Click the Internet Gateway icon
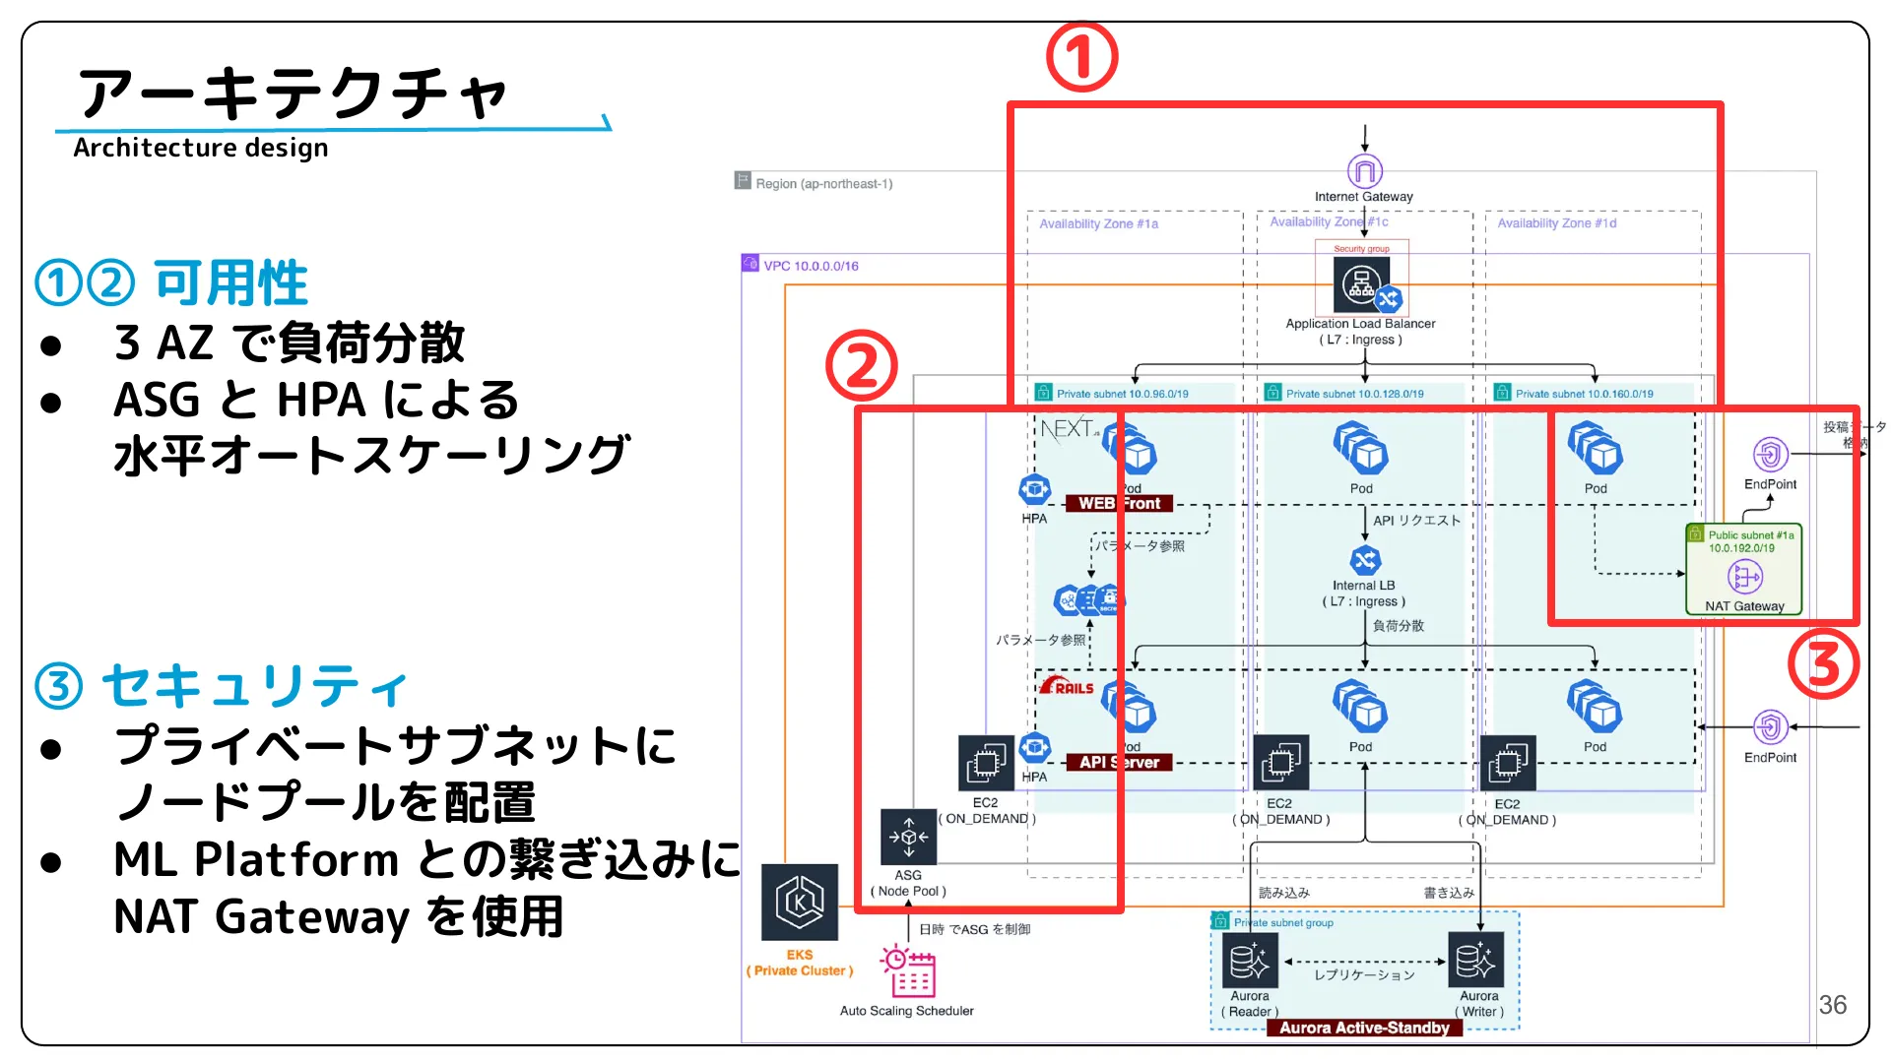point(1364,171)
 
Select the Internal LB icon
point(1364,560)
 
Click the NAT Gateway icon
point(1744,577)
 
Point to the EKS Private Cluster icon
point(800,902)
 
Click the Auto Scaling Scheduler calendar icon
point(908,972)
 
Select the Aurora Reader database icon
point(1250,961)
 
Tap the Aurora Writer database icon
point(1476,961)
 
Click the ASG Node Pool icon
point(908,837)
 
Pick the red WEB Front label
point(1119,503)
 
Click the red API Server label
point(1119,762)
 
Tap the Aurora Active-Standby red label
point(1364,1028)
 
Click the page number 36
point(1832,1004)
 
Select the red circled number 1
point(1081,57)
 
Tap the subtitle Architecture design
point(201,148)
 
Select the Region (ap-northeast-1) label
point(823,183)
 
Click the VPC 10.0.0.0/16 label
point(811,266)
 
